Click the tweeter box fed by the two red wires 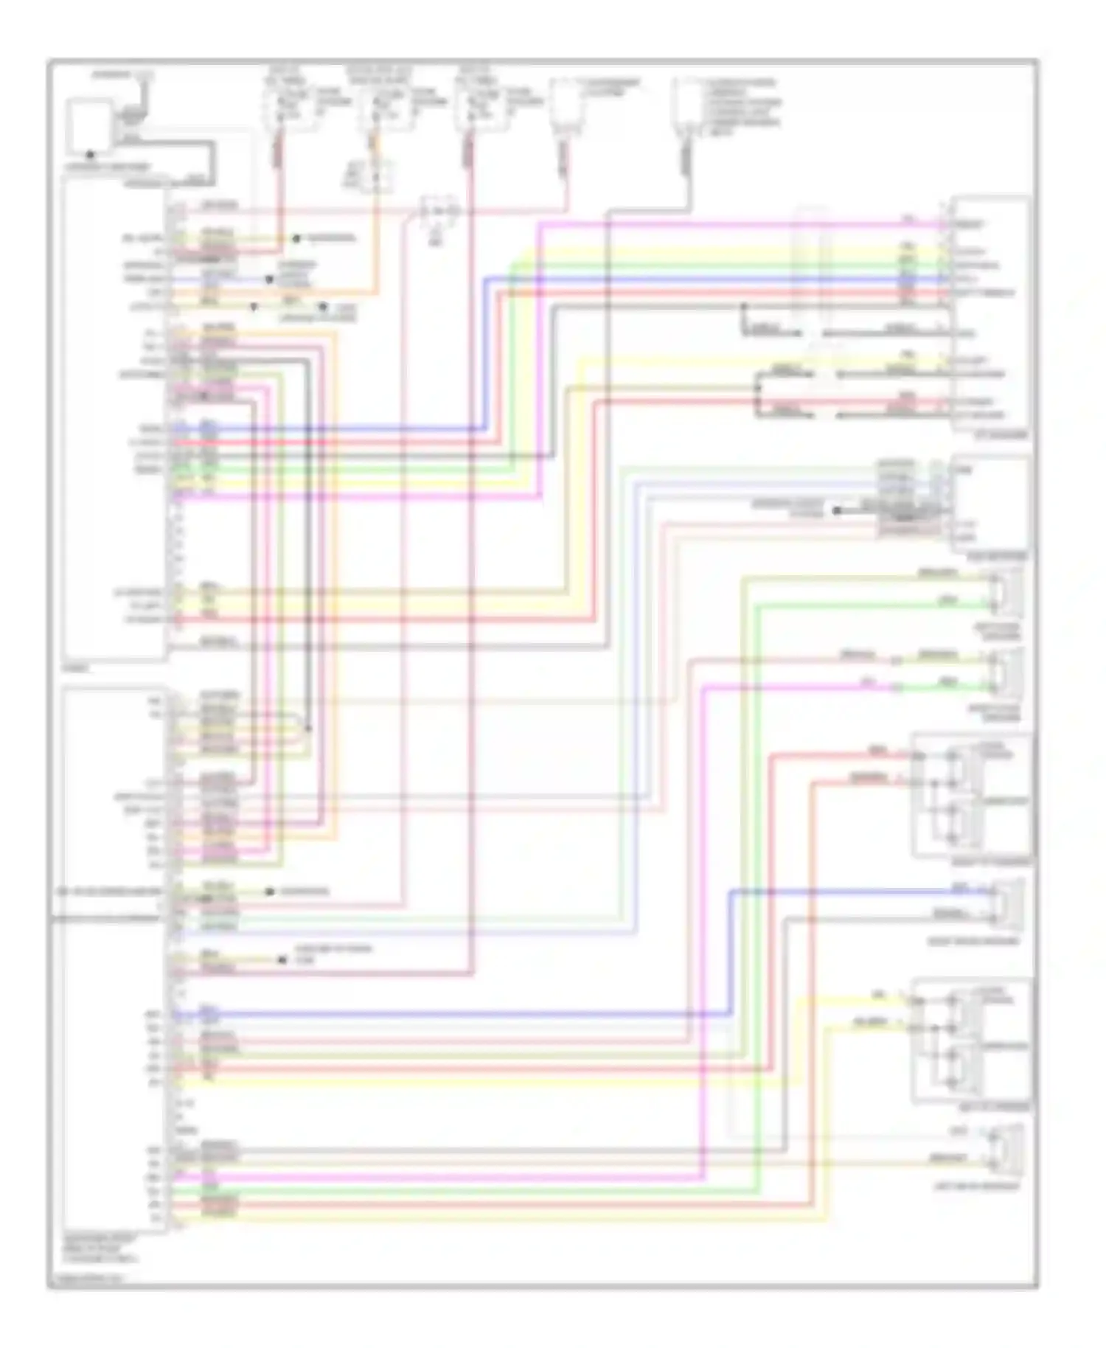point(972,796)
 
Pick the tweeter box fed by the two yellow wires point(972,1041)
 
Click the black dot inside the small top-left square point(90,155)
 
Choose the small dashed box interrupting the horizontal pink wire point(439,212)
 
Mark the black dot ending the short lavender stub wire point(269,280)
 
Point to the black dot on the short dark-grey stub point(837,510)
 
